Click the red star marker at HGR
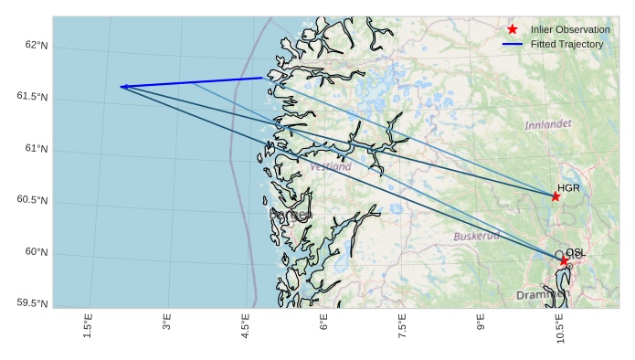pos(556,196)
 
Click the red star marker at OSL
pos(564,260)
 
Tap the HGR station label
pos(568,188)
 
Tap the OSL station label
pos(576,253)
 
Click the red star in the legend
pos(513,29)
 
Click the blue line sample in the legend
pos(513,45)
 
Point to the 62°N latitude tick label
pos(35,46)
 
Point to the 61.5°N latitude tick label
pos(31,97)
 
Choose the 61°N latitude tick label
pos(35,149)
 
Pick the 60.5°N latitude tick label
pos(31,200)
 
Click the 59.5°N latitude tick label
pos(31,303)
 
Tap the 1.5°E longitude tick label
pos(88,325)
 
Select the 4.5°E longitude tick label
pos(245,325)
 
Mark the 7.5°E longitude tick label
pos(402,325)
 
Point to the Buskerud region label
pos(477,236)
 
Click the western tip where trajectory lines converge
pos(121,87)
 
